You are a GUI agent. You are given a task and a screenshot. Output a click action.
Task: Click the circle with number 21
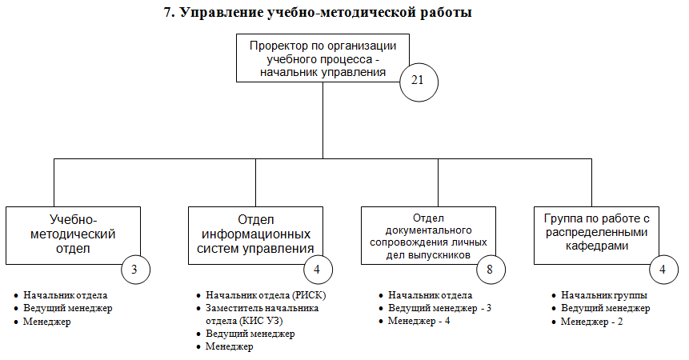[418, 80]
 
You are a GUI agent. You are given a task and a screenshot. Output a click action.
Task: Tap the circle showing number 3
[135, 270]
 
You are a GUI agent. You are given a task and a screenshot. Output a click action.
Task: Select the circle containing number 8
[490, 270]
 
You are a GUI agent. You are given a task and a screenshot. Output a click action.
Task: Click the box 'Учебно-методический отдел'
[72, 234]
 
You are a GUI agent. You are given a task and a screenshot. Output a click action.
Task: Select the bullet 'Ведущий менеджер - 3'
[439, 308]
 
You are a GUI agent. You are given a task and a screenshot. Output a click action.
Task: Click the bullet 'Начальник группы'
[603, 295]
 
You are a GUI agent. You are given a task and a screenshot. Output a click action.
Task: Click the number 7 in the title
[169, 12]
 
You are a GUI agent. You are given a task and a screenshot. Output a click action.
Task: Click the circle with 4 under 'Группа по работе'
[663, 270]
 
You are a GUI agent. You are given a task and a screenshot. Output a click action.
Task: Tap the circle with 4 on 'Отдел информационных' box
[317, 270]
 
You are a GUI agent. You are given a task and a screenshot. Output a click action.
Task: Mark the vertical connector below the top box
[323, 120]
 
